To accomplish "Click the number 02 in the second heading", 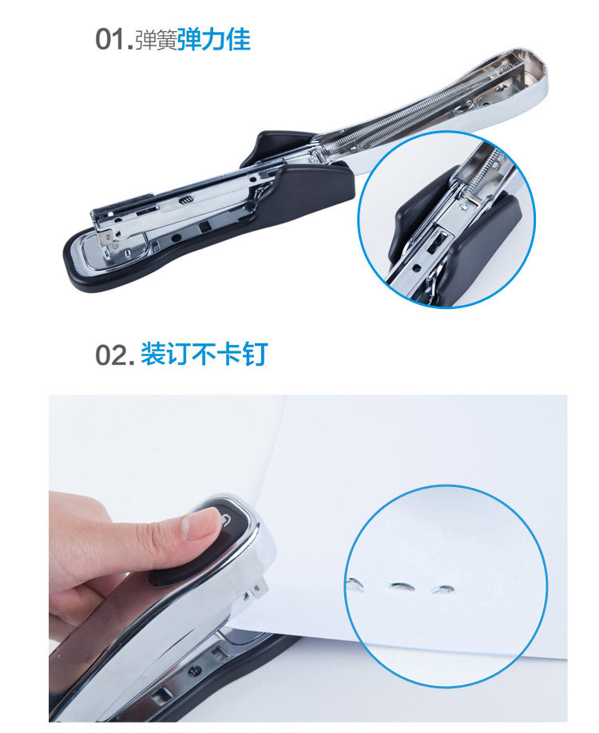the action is point(112,355).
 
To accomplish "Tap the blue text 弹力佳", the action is point(214,39).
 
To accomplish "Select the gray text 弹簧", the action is point(157,40).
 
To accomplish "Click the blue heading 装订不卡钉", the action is point(204,354).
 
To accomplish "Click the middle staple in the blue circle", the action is point(401,586).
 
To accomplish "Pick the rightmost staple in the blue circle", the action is point(442,589).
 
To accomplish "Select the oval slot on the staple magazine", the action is point(185,200).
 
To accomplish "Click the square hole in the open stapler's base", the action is point(204,228).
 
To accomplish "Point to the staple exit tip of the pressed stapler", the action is point(260,588).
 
